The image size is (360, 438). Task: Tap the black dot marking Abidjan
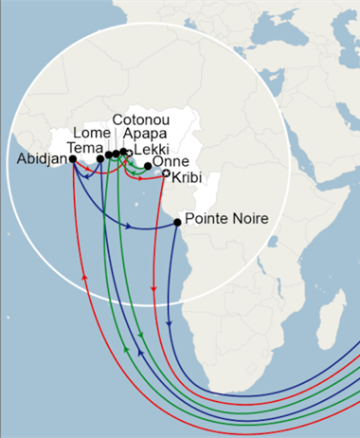click(x=73, y=160)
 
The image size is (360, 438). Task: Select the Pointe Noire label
click(x=226, y=219)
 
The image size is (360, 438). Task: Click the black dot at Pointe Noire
click(x=177, y=223)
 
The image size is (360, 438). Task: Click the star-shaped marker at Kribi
click(x=167, y=173)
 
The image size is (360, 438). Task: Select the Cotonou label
click(x=141, y=120)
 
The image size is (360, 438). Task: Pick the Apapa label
click(x=142, y=135)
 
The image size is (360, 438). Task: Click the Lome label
click(x=92, y=134)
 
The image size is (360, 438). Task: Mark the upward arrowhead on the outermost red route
click(x=85, y=276)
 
